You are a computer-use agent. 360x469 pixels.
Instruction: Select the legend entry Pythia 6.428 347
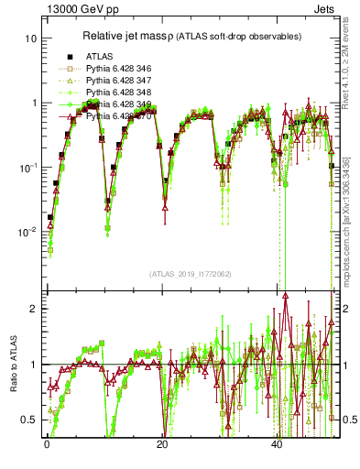(118, 81)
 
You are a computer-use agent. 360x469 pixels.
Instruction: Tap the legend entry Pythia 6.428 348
(118, 93)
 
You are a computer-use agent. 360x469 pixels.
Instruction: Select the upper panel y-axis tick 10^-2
(27, 233)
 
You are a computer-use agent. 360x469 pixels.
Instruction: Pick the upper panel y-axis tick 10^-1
(27, 168)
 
